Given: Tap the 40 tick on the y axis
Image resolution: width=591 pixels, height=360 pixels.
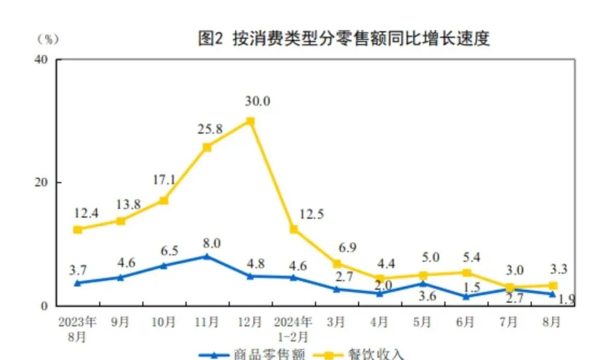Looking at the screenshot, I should pos(42,59).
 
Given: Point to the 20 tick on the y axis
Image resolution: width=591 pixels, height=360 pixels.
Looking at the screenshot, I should pos(42,182).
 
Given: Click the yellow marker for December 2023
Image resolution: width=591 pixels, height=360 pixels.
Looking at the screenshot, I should pos(250,121).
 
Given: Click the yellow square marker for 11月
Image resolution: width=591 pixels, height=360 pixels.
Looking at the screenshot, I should pos(207,147).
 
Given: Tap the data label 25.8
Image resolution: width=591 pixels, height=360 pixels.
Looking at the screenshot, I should pos(210,130).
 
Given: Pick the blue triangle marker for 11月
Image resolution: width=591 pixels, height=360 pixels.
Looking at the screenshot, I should pos(207,256).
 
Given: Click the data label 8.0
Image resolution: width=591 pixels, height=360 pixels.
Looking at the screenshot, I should pos(212,243).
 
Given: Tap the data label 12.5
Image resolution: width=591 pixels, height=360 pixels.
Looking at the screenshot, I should pos(312,214).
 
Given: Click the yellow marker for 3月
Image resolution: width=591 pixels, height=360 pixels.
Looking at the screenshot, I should pos(337,264).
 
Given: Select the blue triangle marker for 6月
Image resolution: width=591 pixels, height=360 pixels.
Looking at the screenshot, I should pos(466,296).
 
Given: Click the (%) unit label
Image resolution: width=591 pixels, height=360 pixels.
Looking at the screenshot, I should pos(48,39).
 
